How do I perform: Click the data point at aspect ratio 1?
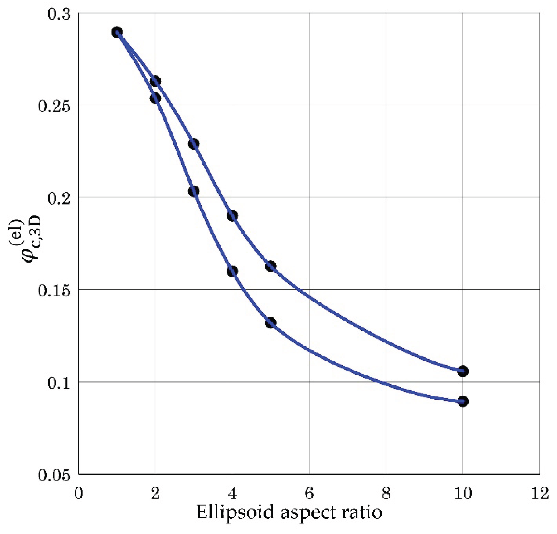[117, 32]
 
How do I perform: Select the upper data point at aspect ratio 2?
[155, 81]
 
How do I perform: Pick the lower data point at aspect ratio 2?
[155, 99]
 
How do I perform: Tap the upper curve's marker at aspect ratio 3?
[194, 144]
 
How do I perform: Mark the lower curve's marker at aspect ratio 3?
[194, 191]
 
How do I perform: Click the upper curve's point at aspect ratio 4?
[232, 215]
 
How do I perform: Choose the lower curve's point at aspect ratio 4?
[232, 271]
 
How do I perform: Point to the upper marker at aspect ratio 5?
[270, 266]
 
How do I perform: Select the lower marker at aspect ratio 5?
[270, 323]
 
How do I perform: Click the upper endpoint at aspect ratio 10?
[463, 371]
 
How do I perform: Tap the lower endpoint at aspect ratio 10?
[463, 401]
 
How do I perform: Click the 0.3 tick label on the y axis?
[59, 14]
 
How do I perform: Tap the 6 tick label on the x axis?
[309, 494]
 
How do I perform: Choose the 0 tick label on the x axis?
[78, 494]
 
